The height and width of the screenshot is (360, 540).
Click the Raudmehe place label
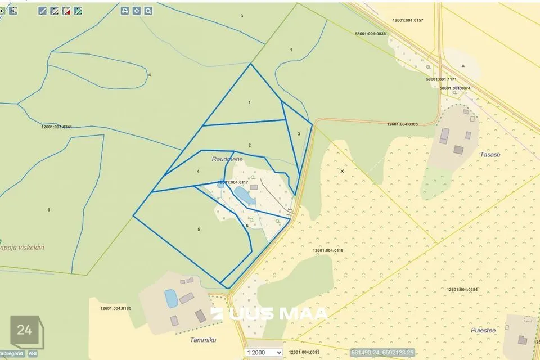coord(227,160)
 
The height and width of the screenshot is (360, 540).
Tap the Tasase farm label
coord(490,154)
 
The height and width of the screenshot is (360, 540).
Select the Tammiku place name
coord(203,340)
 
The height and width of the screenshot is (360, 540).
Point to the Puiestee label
coord(483,330)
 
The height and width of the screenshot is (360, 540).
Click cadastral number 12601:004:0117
coord(233,182)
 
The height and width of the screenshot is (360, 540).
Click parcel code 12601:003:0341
coord(57,127)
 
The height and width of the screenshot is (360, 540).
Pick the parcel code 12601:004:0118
coord(327,250)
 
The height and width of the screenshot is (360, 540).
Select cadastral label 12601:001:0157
coord(408,20)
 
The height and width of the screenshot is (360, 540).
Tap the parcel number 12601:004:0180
coord(115,308)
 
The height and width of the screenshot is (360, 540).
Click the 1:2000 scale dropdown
coord(263,353)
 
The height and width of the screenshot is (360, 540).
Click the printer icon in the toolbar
coord(125,11)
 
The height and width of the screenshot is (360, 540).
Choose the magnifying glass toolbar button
coord(148,11)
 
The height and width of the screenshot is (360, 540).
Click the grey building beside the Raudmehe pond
coord(254,187)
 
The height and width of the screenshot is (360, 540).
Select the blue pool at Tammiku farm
coord(171,298)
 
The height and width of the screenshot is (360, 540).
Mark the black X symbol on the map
coord(342,170)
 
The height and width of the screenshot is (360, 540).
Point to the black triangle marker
coord(463,66)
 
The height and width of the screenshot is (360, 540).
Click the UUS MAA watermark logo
coord(270,314)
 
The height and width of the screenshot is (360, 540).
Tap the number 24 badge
coord(25,331)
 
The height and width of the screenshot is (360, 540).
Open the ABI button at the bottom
coord(33,353)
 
